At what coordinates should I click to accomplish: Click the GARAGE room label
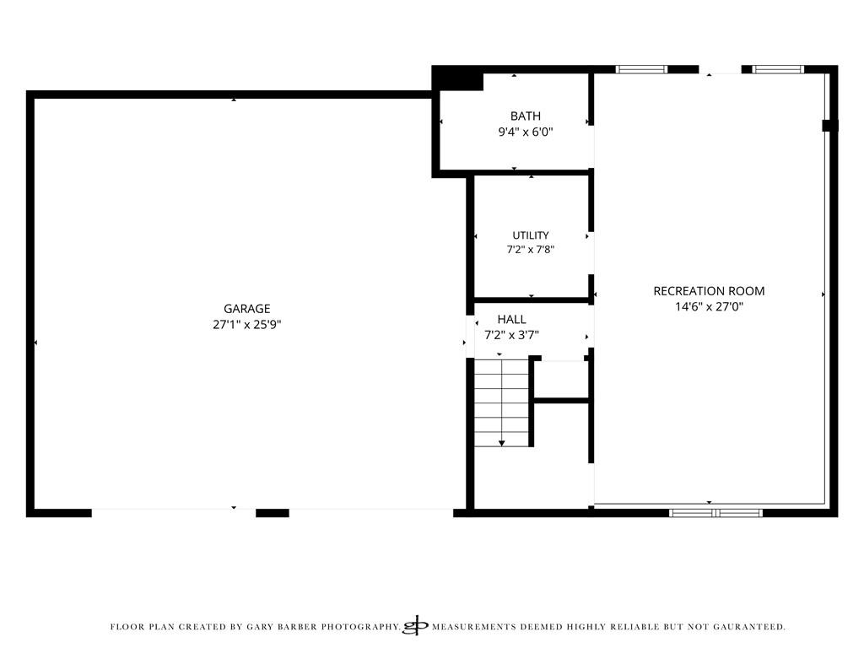(x=247, y=309)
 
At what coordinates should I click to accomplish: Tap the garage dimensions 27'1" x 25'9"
(x=247, y=325)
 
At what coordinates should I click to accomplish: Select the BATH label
(x=525, y=116)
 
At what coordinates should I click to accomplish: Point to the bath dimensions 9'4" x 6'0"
(x=525, y=132)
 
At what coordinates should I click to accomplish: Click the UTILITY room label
(x=531, y=235)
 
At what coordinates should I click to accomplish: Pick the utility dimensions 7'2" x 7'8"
(x=531, y=250)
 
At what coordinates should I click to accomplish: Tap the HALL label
(x=511, y=319)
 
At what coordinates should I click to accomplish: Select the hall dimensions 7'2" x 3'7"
(x=511, y=334)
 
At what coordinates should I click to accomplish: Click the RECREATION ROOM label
(x=709, y=291)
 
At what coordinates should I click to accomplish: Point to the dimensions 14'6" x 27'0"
(x=709, y=306)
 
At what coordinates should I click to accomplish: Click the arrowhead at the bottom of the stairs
(x=501, y=443)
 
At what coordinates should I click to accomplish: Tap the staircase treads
(x=501, y=402)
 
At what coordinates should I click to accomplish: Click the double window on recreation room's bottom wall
(x=715, y=513)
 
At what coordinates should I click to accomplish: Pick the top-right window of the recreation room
(x=777, y=69)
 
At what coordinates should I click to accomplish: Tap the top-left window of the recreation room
(x=641, y=69)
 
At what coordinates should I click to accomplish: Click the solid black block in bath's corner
(x=457, y=78)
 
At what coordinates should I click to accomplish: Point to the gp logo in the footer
(x=415, y=625)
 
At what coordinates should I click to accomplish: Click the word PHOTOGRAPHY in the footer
(x=360, y=627)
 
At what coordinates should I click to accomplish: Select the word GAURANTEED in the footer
(x=749, y=627)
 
